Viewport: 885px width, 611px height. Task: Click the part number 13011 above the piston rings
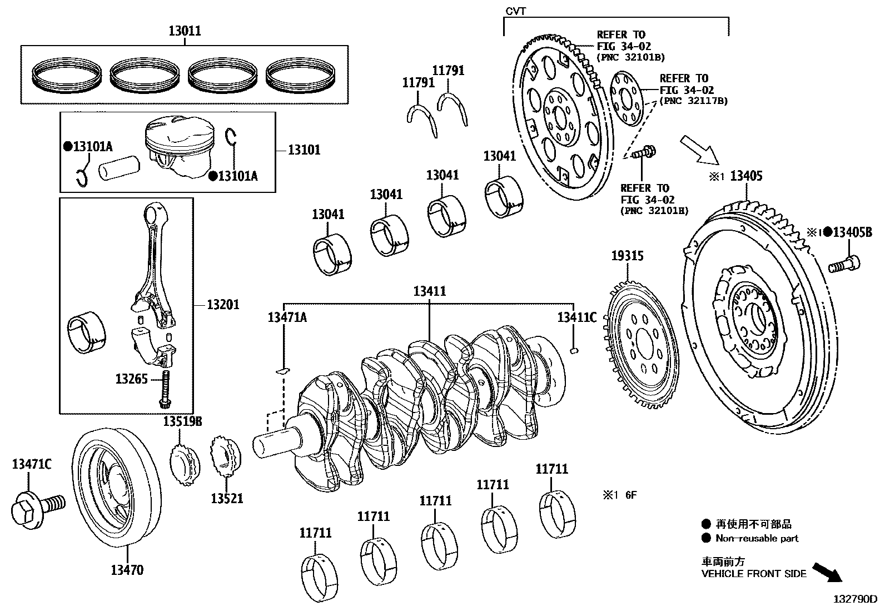coord(185,31)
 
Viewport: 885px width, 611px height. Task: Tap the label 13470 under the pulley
coord(127,570)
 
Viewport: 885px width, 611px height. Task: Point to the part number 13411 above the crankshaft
coord(429,291)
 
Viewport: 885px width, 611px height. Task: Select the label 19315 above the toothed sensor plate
coord(628,256)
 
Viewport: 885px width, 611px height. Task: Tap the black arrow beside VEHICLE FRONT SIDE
coord(828,572)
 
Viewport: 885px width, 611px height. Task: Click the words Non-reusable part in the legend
coord(757,538)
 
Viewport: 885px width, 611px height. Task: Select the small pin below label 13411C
coord(576,350)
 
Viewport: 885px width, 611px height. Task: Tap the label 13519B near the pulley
coord(182,422)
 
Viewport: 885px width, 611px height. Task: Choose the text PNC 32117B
coord(693,101)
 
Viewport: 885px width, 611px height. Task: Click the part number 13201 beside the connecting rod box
coord(223,305)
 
